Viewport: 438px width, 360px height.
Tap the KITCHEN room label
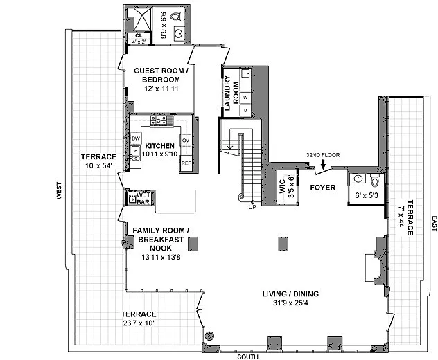click(x=159, y=146)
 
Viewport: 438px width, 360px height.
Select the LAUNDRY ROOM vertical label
click(x=226, y=93)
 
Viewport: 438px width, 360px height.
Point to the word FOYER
click(x=323, y=188)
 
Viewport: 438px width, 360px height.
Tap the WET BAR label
click(x=143, y=199)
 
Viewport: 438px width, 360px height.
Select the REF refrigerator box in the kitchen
click(x=186, y=163)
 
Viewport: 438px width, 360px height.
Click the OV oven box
click(x=186, y=141)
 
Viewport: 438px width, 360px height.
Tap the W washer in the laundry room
click(x=245, y=98)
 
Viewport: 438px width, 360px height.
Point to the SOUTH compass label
click(x=248, y=356)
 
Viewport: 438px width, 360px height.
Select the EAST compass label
click(x=434, y=224)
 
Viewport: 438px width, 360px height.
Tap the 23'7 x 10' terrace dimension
click(x=139, y=323)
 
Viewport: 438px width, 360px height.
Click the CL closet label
click(x=139, y=35)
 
